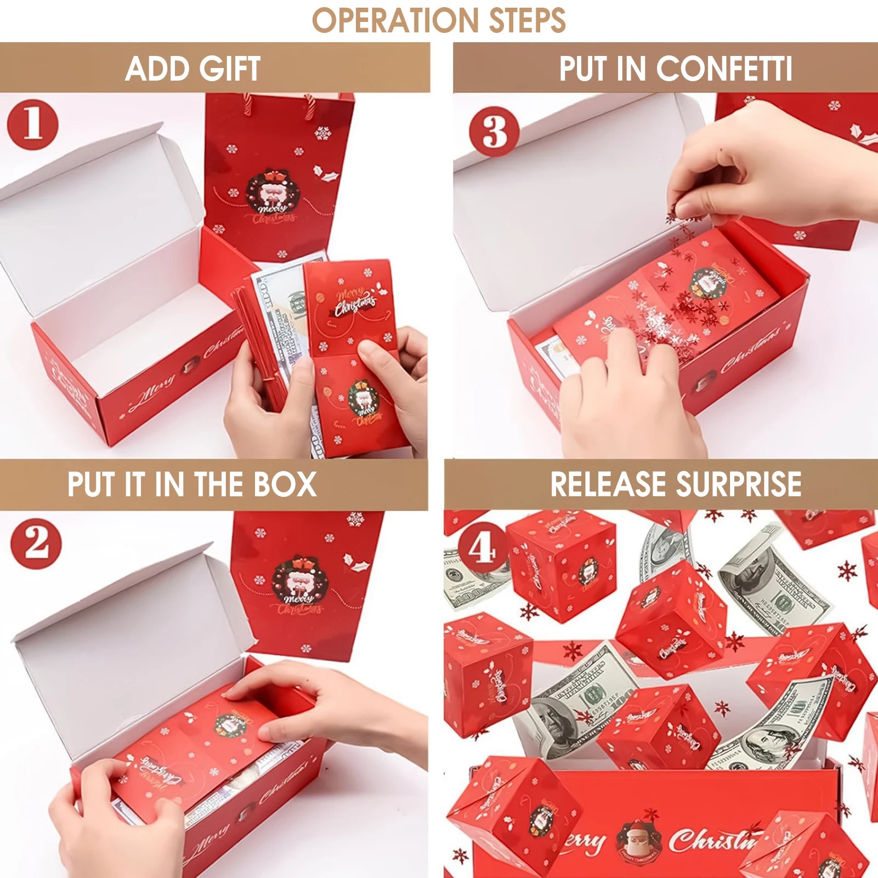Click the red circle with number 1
coord(32,124)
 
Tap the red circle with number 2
coord(36,543)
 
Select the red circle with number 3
coord(494,132)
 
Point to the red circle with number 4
coord(482,548)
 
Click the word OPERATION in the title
coord(395,20)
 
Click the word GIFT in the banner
coord(230,69)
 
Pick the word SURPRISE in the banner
coord(739,484)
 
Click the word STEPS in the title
coord(527,20)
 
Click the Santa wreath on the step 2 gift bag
coord(299,582)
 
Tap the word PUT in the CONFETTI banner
coord(582,69)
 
